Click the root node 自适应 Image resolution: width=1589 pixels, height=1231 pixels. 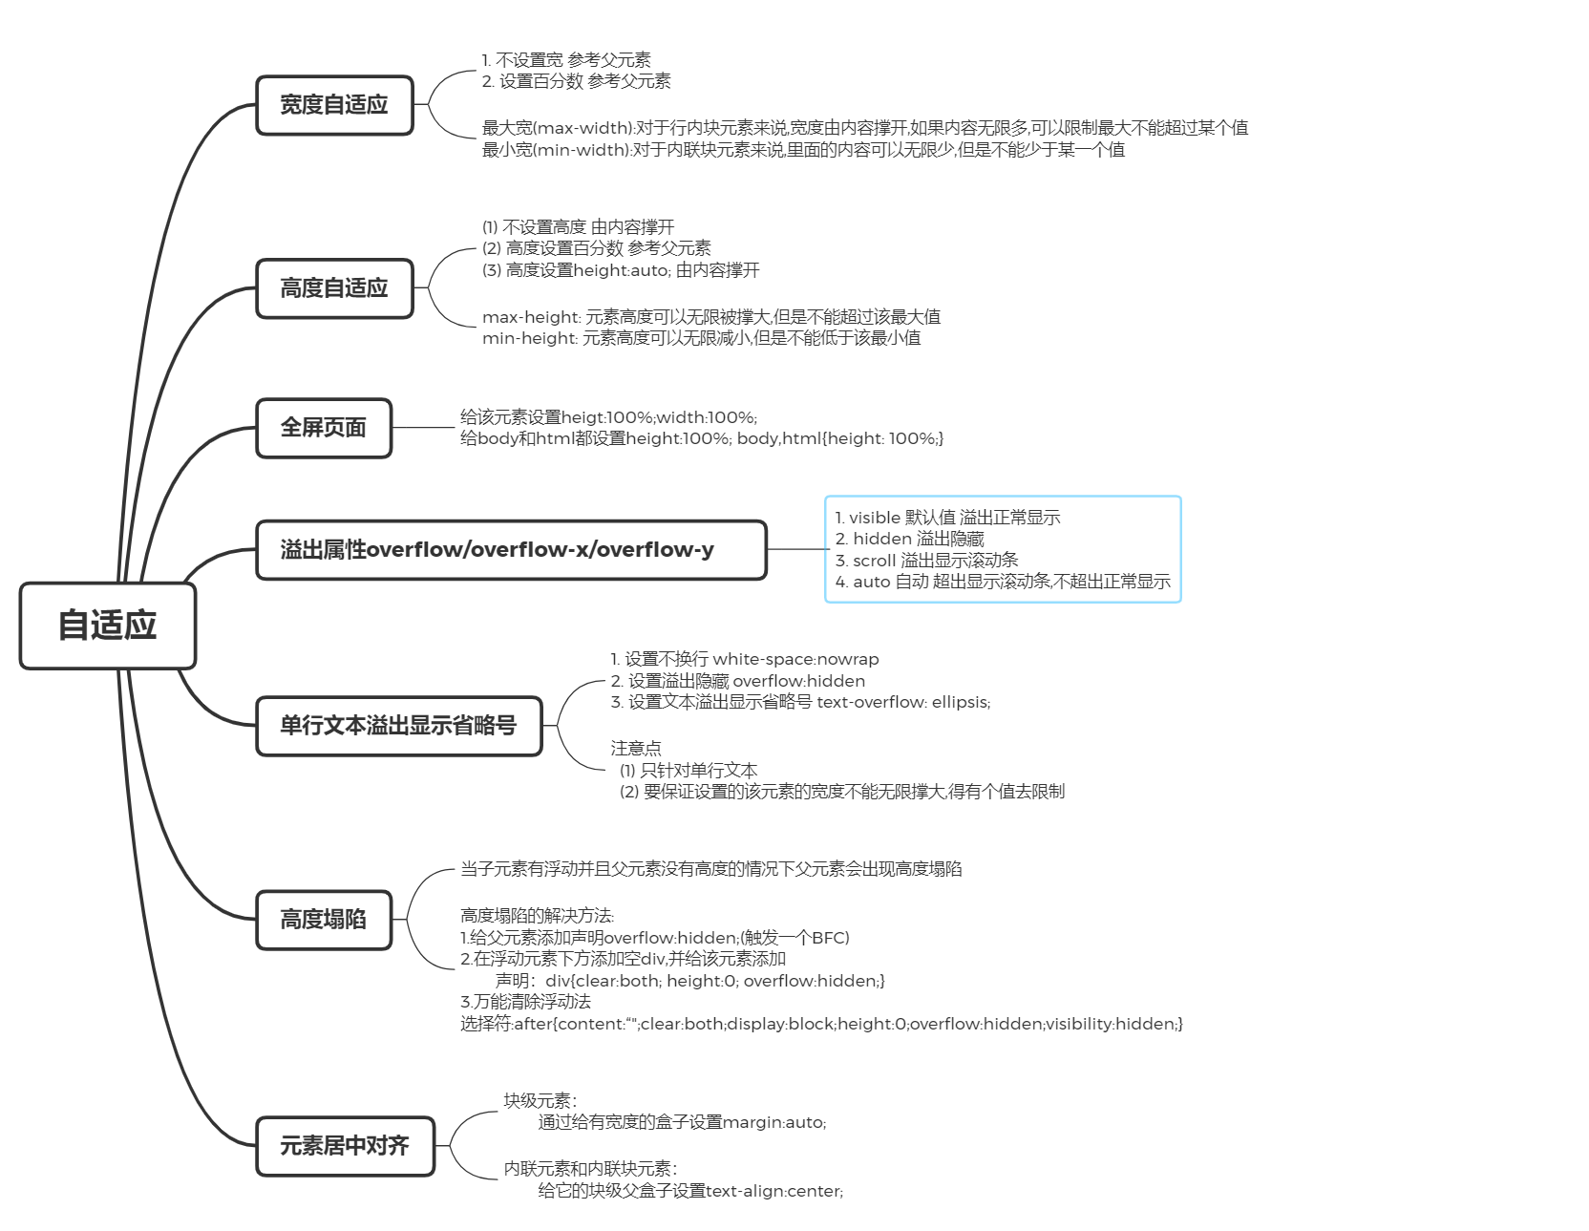pos(107,626)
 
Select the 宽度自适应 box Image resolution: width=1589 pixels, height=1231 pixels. pos(334,105)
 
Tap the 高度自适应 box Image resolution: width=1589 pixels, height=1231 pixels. pos(334,288)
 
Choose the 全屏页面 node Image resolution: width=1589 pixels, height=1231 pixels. pos(324,428)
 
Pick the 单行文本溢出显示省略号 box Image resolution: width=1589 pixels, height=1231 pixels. pos(398,726)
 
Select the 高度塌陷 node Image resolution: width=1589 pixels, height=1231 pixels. pos(324,920)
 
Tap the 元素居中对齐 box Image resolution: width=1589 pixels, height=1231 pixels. pos(345,1146)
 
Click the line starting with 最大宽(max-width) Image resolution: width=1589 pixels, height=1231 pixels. pos(864,128)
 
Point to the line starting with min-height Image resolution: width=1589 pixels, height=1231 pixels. pos(701,338)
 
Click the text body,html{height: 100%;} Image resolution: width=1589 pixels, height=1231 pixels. pos(839,438)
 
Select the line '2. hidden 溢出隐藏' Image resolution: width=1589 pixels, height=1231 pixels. pos(909,539)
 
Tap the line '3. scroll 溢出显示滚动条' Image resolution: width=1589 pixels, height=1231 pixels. pos(926,561)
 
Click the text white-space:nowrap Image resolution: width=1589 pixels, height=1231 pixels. pos(795,659)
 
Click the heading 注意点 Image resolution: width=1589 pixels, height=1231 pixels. pos(636,748)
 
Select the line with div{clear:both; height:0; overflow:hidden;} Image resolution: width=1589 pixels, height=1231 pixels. pos(714,981)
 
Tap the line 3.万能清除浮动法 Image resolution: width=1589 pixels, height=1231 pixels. pos(525,1002)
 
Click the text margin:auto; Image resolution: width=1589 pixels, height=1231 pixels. pos(774,1122)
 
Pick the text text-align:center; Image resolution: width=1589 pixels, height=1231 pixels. pos(773,1191)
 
